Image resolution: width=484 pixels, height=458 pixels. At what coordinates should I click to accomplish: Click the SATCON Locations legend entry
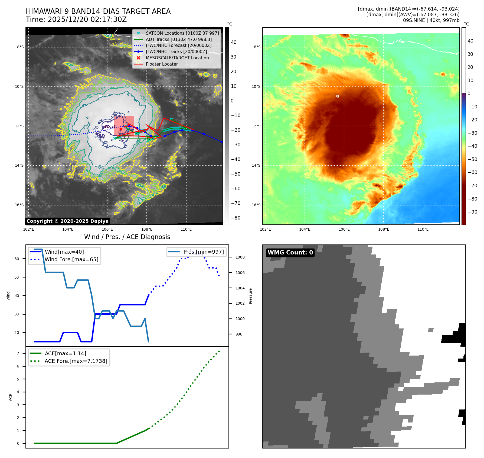coord(182,33)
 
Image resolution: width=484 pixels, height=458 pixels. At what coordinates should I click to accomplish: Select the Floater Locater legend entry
coord(162,64)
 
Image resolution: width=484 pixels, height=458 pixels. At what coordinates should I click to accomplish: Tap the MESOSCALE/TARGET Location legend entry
coord(177,58)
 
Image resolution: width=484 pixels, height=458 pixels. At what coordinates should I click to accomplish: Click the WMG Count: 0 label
coord(290,253)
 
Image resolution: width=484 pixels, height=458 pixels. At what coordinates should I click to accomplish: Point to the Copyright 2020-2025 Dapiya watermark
coord(67,221)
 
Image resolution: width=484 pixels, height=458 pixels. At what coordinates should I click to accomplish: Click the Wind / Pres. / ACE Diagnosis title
coord(127,237)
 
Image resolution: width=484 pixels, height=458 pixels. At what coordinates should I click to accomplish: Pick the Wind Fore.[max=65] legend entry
coord(71,259)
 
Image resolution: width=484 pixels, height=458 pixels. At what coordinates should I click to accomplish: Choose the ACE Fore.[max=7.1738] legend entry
coord(76,361)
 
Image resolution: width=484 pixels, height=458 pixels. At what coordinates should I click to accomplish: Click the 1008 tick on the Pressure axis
coord(240,257)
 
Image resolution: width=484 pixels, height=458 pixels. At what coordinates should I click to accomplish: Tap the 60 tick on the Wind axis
coord(17,259)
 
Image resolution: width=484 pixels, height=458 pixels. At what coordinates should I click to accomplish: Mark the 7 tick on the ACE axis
coord(18,353)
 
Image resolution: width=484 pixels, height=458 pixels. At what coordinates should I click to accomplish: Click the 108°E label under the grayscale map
coord(147,229)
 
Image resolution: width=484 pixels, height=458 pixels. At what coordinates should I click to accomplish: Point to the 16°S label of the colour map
coord(256,205)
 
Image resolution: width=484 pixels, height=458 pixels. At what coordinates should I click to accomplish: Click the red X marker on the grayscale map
coord(121,129)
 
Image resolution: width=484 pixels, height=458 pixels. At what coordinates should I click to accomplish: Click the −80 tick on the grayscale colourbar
coord(236,218)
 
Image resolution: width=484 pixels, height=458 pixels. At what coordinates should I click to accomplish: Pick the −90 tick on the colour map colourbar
coord(472,212)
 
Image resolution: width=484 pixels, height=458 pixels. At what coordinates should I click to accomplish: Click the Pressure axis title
coord(250,296)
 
